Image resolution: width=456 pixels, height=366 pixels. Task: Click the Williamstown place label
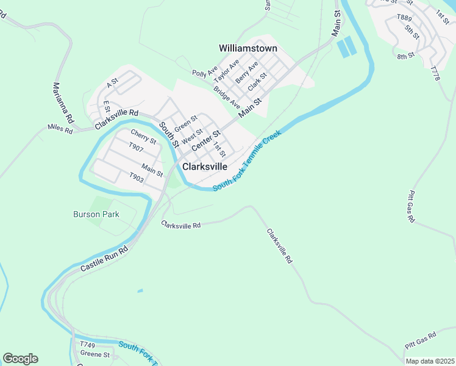pos(248,48)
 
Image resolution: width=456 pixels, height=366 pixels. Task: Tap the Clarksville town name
pos(205,166)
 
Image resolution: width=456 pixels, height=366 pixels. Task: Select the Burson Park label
pos(96,214)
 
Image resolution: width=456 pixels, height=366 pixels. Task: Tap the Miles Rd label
pos(60,129)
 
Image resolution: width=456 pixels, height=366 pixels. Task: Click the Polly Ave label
pos(205,73)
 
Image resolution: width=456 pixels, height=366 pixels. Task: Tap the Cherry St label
pos(143,137)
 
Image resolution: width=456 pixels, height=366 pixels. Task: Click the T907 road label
pos(136,147)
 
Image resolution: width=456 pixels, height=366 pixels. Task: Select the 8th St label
pos(405,57)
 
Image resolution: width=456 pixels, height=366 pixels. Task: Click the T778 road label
pos(435,74)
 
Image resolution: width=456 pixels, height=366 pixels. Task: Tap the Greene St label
pos(95,354)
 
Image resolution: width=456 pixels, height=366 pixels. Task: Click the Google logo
pos(20,359)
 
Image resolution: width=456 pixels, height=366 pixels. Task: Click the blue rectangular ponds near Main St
pos(344,47)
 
